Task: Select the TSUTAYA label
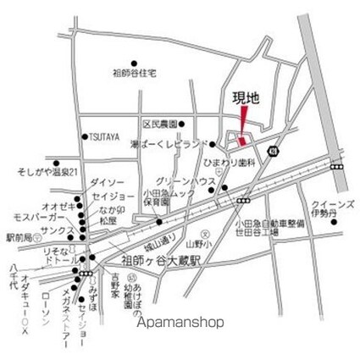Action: (104, 136)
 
